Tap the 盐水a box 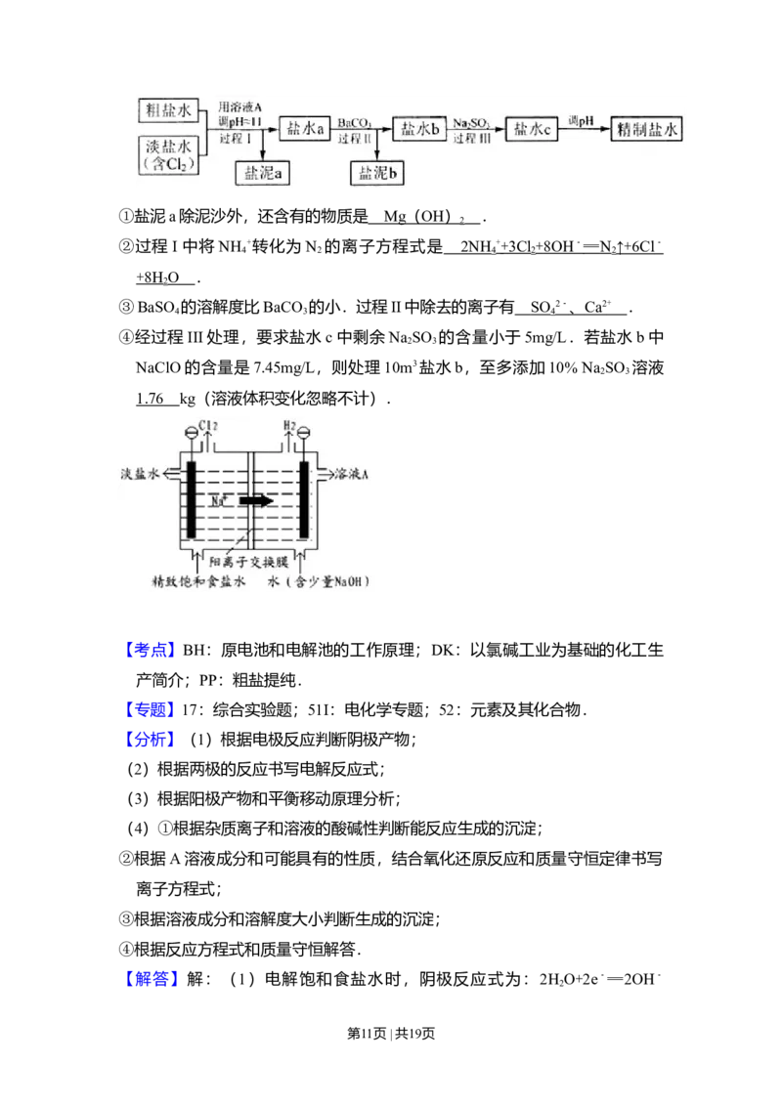(304, 129)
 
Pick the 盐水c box (533, 130)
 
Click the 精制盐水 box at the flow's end (646, 129)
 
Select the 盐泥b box (378, 173)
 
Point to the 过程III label (471, 139)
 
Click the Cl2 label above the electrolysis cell (209, 425)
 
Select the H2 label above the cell (289, 425)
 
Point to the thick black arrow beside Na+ (257, 500)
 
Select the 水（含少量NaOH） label (319, 579)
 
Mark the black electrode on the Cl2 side (191, 498)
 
